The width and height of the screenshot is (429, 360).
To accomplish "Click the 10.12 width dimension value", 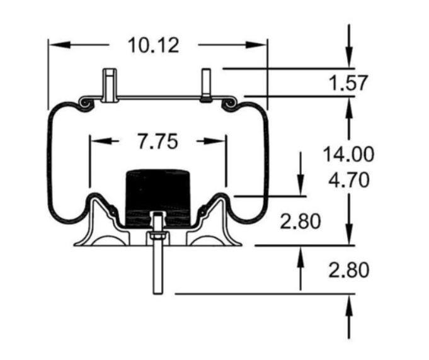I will pos(153,45).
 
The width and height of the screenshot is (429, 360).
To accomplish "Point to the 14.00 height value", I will pos(348,154).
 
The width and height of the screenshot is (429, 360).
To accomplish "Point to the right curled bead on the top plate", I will pos(232,101).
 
